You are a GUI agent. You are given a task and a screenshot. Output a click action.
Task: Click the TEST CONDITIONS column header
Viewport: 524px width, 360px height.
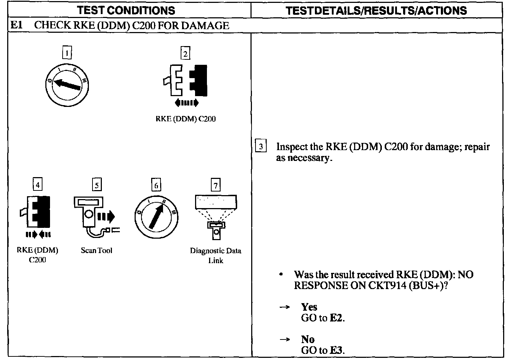pos(126,10)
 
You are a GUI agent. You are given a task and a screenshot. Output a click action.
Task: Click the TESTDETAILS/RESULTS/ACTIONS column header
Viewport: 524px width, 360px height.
pos(376,10)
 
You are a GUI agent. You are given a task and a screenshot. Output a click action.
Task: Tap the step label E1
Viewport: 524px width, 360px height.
pos(17,26)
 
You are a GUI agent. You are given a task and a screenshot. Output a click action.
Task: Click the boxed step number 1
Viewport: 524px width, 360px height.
pos(67,53)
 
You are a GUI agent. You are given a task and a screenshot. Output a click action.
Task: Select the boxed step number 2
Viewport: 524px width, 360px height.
pos(185,54)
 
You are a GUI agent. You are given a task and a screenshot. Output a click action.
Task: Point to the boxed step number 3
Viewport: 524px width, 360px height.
pos(261,147)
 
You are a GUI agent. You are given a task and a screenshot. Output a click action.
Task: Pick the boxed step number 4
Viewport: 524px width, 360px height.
pos(37,185)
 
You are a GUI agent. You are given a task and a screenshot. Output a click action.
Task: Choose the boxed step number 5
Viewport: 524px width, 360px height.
pos(97,185)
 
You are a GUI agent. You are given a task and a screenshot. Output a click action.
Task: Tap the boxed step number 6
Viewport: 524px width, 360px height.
pos(156,185)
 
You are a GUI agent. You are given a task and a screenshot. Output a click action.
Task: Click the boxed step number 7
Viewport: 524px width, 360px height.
pos(215,185)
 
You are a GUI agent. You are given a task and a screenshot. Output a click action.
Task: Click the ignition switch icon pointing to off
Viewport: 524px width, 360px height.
pos(67,85)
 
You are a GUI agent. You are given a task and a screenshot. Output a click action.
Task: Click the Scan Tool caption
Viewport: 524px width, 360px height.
pos(96,251)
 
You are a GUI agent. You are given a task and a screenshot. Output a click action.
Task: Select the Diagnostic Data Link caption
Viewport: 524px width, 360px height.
pos(216,255)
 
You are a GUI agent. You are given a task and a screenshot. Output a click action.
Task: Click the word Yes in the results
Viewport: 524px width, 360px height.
pos(309,307)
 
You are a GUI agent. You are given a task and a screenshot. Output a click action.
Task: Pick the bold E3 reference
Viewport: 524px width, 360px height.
pos(336,350)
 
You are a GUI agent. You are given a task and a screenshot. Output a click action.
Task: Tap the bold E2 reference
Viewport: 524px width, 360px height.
pos(336,318)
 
